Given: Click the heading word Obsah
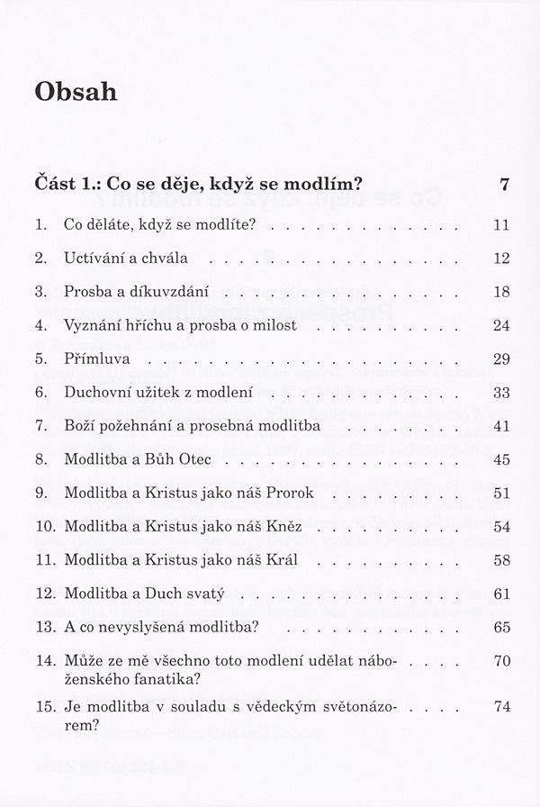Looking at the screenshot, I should [x=75, y=92].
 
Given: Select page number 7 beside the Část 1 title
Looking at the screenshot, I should [x=505, y=186].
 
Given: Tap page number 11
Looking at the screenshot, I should [x=502, y=225].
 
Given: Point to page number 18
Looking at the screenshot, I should [x=502, y=292].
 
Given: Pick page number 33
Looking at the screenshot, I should [x=502, y=393].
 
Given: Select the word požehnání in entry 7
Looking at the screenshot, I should [x=141, y=426].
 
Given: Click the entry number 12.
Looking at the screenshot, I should [x=44, y=593].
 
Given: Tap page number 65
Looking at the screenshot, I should [x=502, y=626].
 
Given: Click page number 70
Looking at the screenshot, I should [x=502, y=660].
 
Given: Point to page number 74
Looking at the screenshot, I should [x=502, y=706].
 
